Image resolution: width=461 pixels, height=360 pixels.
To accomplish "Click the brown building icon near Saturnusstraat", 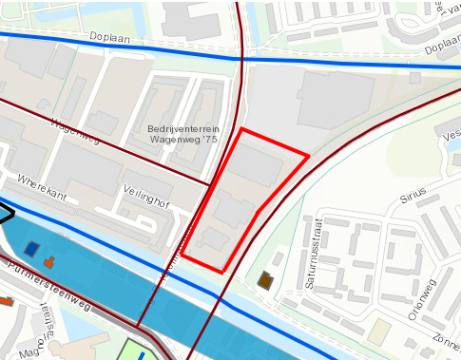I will pos(265,280).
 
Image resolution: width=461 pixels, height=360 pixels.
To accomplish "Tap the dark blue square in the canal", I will pos(32,250).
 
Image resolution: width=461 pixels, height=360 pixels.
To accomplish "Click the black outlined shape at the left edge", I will pos(5,213).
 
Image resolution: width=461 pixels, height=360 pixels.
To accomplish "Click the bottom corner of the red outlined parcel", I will pos(222,273).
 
